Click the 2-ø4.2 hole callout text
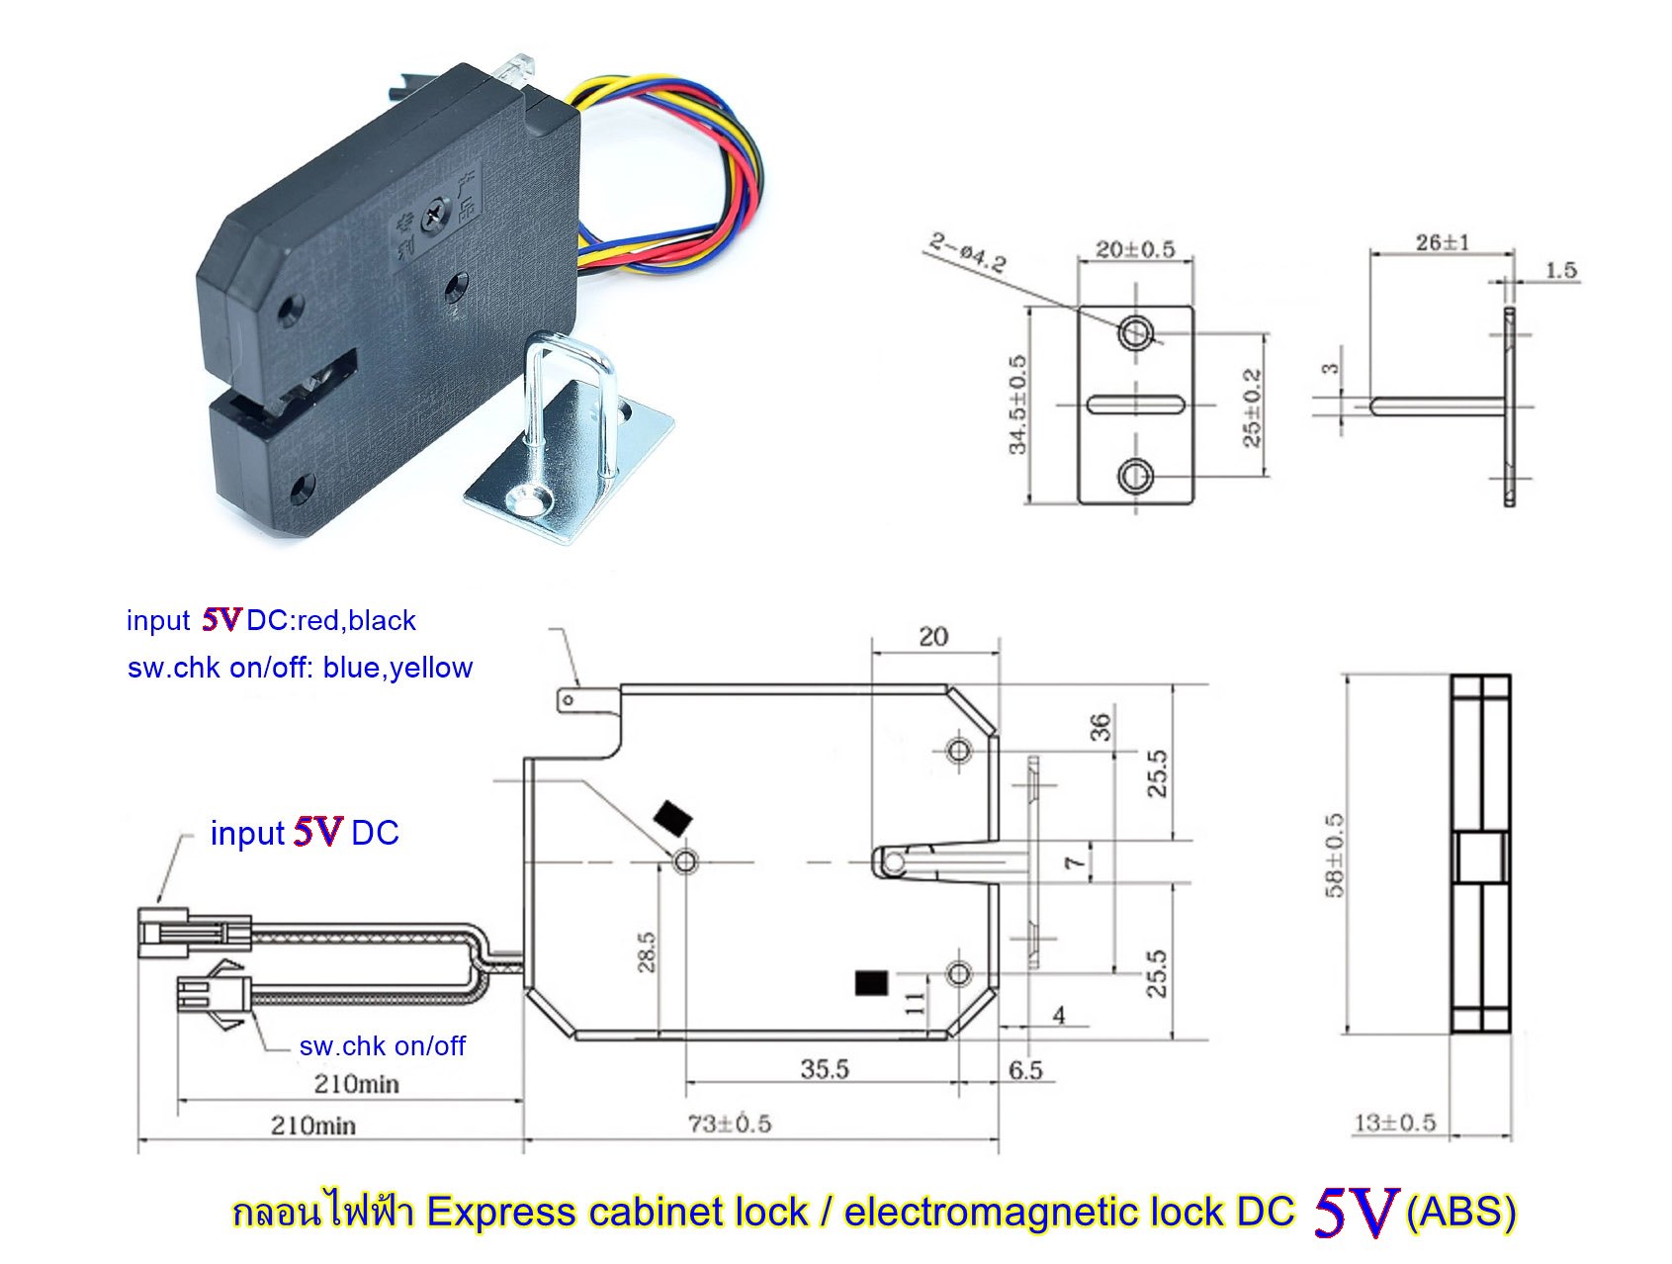click(x=968, y=252)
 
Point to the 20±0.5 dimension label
click(x=1134, y=248)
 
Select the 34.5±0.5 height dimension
click(x=1017, y=405)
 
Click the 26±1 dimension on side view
click(x=1443, y=241)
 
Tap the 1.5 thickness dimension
click(x=1560, y=270)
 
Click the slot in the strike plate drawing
click(x=1135, y=404)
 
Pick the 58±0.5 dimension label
click(x=1334, y=855)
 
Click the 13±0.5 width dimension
click(x=1394, y=1123)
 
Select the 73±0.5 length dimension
click(x=729, y=1124)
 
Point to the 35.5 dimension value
click(x=825, y=1069)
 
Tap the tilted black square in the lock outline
click(x=673, y=818)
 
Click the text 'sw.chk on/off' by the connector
click(x=382, y=1046)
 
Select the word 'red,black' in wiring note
click(x=356, y=621)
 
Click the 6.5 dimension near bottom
click(x=1025, y=1071)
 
